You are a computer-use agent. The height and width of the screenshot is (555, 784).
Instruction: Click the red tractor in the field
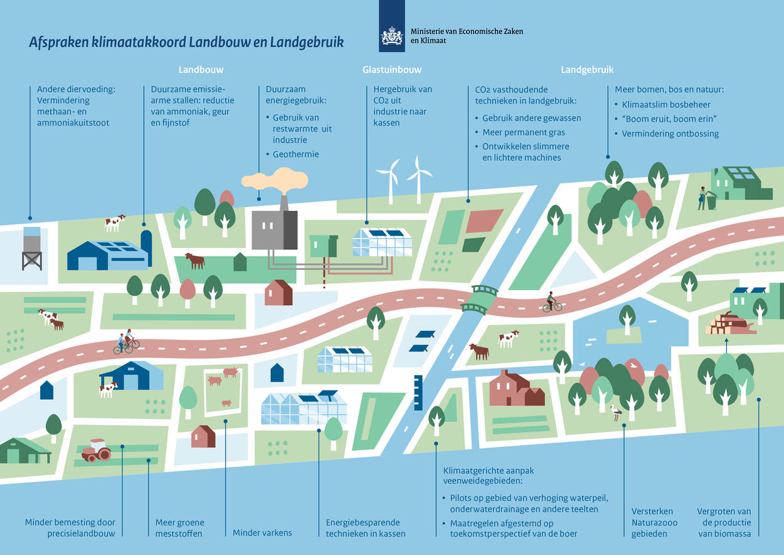point(96,450)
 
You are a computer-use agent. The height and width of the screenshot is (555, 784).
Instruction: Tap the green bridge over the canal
point(479,299)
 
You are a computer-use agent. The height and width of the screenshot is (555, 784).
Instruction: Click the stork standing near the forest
point(615,412)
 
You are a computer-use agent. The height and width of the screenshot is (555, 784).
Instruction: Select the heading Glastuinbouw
point(391,70)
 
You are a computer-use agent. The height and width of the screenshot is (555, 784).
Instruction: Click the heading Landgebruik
point(587,70)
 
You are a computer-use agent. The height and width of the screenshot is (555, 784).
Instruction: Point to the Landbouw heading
point(201,70)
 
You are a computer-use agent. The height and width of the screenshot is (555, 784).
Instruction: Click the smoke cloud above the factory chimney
point(275,180)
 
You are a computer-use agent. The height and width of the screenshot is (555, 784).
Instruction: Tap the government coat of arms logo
point(391,36)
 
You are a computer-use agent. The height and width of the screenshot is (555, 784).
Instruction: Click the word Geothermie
point(296,154)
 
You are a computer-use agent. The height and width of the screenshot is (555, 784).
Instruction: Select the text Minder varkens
point(262,532)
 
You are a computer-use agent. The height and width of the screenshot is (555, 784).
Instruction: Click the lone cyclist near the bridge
point(551,302)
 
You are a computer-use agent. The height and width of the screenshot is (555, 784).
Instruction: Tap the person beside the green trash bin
point(702,198)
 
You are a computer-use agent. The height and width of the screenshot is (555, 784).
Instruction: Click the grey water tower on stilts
point(32,248)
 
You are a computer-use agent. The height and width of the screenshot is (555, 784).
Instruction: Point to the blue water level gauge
point(418,392)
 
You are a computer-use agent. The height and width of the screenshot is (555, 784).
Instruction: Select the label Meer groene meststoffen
point(179,527)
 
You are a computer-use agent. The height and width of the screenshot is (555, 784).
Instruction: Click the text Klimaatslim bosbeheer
point(665,104)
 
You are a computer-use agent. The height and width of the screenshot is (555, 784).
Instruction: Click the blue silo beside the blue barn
point(146,248)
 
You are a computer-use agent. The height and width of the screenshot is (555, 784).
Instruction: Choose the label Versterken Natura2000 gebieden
point(654,522)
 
